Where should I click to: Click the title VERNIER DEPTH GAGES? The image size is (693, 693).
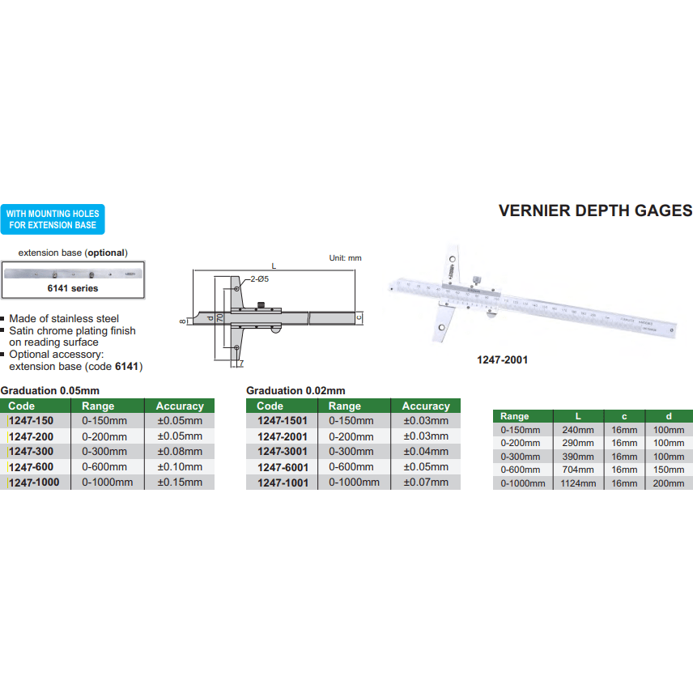pyautogui.click(x=595, y=211)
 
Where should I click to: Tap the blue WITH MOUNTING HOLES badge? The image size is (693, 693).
pyautogui.click(x=53, y=219)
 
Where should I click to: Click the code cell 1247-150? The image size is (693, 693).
pyautogui.click(x=32, y=421)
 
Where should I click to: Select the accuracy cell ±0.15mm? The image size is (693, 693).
pyautogui.click(x=179, y=483)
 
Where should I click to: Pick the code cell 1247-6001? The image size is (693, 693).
pyautogui.click(x=282, y=467)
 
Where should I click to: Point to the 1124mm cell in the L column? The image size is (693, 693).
pyautogui.click(x=578, y=483)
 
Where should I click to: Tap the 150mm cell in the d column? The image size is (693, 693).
pyautogui.click(x=669, y=470)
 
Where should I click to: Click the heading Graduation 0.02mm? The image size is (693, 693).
pyautogui.click(x=295, y=390)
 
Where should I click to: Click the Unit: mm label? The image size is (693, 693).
pyautogui.click(x=346, y=258)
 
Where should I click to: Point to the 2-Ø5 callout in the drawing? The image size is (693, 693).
pyautogui.click(x=259, y=278)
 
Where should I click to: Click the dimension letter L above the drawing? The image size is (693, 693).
pyautogui.click(x=274, y=266)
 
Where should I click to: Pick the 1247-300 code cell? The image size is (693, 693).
pyautogui.click(x=32, y=452)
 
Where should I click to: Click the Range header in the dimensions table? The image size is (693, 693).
pyautogui.click(x=515, y=415)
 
